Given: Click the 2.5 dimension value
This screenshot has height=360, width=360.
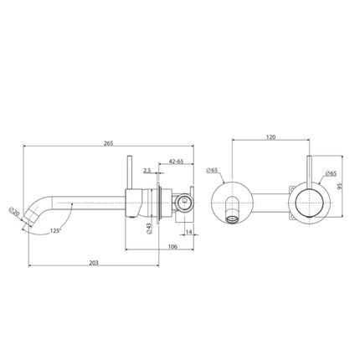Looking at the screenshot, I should tap(147, 170).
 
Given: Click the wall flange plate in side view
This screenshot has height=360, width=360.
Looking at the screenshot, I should tap(157, 205).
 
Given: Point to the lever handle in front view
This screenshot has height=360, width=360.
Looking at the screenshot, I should tap(312, 172).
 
